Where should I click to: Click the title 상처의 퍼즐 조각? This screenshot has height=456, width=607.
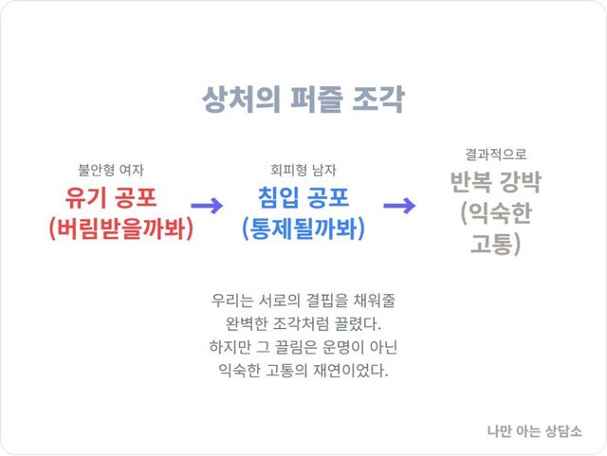(x=303, y=100)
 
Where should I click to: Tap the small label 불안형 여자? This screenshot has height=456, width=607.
(x=111, y=170)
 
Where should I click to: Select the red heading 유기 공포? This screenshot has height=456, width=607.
(x=111, y=197)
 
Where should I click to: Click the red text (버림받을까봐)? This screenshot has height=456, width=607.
(x=121, y=228)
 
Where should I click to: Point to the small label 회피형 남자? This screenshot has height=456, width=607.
(x=303, y=170)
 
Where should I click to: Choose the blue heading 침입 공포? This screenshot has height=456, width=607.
(x=303, y=197)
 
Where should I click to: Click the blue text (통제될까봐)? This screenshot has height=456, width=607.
(x=303, y=228)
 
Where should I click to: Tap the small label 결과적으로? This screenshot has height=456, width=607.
(x=495, y=155)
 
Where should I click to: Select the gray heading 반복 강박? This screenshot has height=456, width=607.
(x=495, y=182)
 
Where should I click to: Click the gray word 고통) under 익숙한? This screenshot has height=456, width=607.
(x=495, y=244)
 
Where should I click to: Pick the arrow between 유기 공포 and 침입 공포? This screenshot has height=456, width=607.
(x=207, y=205)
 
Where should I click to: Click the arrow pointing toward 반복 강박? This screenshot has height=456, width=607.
(x=399, y=205)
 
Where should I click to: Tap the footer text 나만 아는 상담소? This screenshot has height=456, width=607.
(x=534, y=430)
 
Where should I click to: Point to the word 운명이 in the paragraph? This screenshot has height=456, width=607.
(x=342, y=347)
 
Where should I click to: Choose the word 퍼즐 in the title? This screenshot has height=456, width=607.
(x=316, y=100)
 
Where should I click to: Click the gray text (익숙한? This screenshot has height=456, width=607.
(x=496, y=212)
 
